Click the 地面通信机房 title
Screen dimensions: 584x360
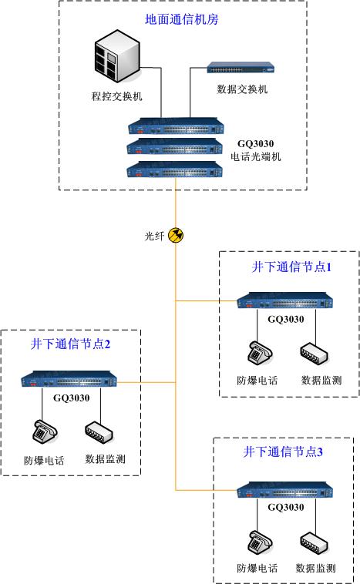point(181,18)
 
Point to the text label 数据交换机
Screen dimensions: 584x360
point(242,90)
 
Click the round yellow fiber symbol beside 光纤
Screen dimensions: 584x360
point(176,235)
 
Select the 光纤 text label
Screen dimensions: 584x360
point(155,236)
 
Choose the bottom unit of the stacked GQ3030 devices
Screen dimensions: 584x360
point(177,169)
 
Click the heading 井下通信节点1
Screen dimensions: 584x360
point(290,267)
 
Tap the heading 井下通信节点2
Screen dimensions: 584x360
point(71,344)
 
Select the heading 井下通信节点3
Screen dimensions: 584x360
point(283,451)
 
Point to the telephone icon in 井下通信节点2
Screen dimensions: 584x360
point(43,434)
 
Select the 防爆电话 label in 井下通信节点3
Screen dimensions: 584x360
point(257,569)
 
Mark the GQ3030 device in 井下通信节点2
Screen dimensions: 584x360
point(70,381)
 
